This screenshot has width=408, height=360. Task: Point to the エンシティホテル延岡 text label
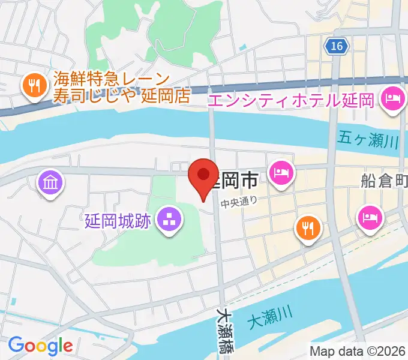[291, 98]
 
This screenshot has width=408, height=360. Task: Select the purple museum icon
[49, 181]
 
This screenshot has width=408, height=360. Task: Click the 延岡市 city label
[236, 179]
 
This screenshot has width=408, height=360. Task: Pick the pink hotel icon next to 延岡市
[281, 173]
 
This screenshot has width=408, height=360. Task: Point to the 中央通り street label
[238, 202]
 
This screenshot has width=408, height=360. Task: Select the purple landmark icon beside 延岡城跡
[169, 220]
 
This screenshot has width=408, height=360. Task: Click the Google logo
[40, 346]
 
